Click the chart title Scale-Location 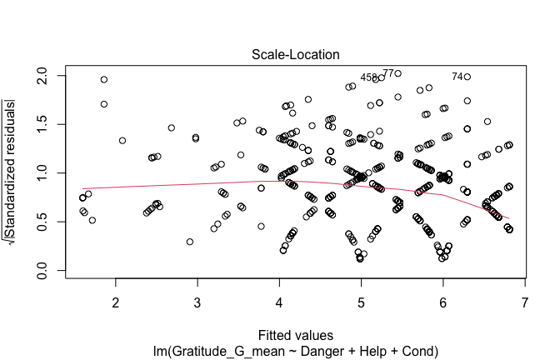296,55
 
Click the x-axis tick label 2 116,301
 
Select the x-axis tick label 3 197,301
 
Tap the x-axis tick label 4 279,301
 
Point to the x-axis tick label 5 361,301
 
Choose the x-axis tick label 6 443,301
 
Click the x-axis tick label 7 525,301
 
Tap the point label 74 457,77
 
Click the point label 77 388,73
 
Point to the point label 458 368,77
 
